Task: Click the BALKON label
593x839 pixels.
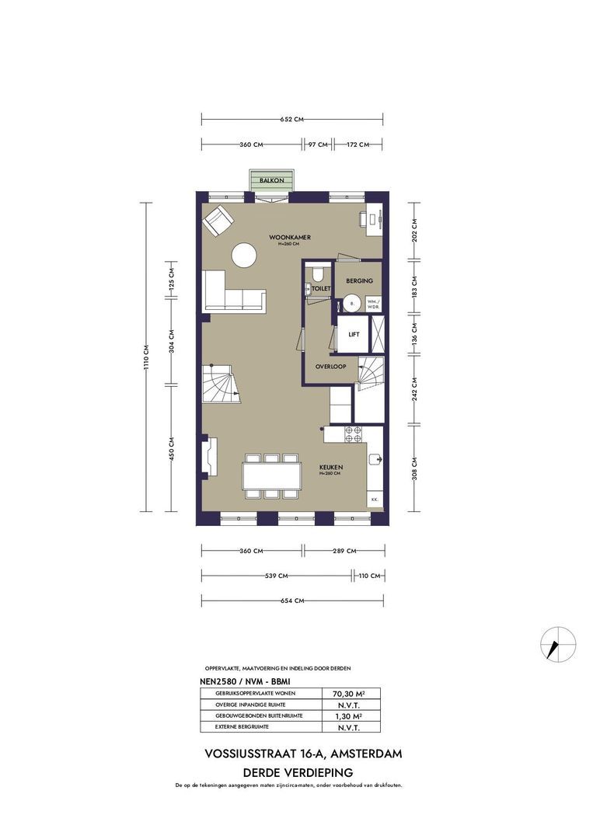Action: click(x=270, y=180)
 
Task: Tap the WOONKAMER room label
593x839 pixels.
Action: click(x=284, y=237)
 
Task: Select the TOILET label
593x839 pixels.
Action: click(x=321, y=288)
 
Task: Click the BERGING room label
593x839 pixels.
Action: click(x=360, y=280)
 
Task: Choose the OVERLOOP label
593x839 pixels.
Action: click(x=330, y=366)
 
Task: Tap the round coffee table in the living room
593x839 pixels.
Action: click(x=246, y=256)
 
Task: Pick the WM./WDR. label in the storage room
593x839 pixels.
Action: click(x=374, y=305)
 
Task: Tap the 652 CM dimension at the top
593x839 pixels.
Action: click(x=291, y=120)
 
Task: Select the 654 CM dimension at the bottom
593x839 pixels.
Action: click(x=292, y=601)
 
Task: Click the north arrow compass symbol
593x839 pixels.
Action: click(x=558, y=643)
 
